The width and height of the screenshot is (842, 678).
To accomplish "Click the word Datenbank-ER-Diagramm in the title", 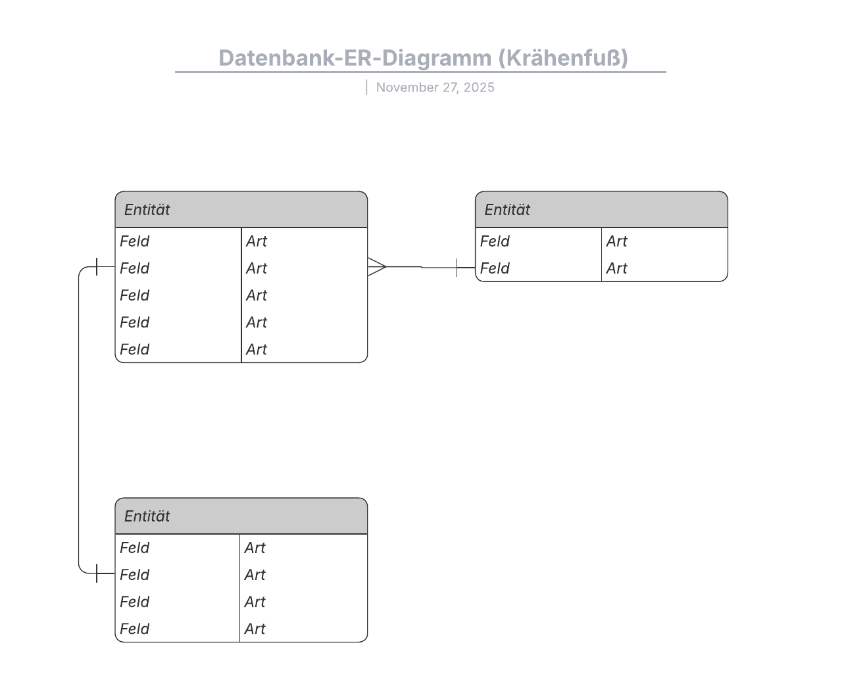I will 355,58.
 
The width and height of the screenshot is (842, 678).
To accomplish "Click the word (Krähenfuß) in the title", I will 563,58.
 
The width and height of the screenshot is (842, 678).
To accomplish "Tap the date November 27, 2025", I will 435,87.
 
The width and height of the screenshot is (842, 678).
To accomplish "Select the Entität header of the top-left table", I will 147,210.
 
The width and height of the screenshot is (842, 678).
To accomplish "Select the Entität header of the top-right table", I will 507,210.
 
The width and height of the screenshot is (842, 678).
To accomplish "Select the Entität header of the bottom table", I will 147,516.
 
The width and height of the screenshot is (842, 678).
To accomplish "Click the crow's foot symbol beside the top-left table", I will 376,266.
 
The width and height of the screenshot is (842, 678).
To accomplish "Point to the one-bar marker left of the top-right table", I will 457,268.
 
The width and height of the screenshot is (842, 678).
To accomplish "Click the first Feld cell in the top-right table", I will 495,241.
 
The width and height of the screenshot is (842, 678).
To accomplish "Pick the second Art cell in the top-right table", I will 616,268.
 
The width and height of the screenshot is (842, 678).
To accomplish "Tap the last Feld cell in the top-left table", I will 135,349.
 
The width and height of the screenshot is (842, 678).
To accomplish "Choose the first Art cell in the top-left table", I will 257,241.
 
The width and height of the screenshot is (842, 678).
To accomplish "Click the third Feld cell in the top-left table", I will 135,295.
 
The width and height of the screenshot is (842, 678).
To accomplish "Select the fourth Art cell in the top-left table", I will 257,322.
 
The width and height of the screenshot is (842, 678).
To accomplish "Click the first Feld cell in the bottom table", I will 135,548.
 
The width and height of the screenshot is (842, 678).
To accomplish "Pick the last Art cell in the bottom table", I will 255,629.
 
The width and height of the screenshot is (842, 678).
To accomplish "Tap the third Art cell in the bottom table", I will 255,602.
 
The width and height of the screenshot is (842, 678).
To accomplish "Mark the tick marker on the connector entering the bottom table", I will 97,573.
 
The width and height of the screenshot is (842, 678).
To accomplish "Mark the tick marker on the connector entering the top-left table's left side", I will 97,267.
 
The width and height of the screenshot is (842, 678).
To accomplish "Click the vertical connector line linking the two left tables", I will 79,421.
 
